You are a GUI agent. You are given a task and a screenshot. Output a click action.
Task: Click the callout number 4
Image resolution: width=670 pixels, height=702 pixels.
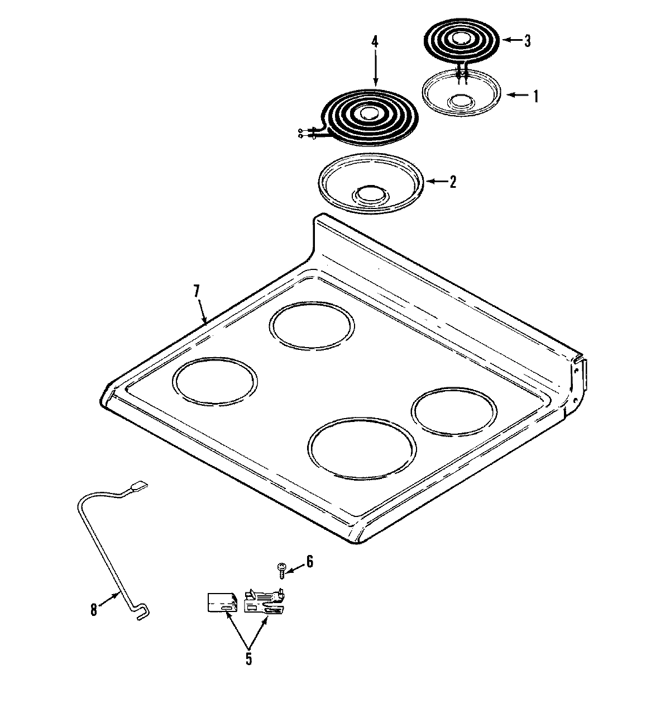(x=375, y=41)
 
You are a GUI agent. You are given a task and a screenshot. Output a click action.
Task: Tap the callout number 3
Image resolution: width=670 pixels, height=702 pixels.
(x=527, y=41)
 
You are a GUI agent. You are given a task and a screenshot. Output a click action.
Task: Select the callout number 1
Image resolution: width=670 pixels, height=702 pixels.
(x=535, y=96)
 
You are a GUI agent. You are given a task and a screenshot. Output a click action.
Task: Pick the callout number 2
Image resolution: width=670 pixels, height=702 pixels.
(x=452, y=182)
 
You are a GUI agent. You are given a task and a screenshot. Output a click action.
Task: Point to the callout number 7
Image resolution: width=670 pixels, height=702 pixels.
(x=196, y=292)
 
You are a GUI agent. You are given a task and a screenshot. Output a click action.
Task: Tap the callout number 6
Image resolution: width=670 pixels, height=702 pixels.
(x=309, y=561)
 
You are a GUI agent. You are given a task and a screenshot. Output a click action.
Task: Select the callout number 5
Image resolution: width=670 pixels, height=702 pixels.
(x=248, y=658)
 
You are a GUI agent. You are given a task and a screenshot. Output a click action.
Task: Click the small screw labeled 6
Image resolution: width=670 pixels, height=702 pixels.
(x=281, y=570)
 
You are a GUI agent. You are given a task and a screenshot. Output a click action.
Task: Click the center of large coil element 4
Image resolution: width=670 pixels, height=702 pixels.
(x=368, y=113)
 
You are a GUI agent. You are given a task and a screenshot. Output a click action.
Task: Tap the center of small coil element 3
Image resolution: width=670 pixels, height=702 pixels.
(x=461, y=39)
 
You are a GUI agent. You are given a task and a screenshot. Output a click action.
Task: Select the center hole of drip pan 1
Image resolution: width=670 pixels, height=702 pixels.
(x=462, y=101)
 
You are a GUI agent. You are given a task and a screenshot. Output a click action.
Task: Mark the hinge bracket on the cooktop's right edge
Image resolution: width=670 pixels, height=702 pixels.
(x=579, y=376)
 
